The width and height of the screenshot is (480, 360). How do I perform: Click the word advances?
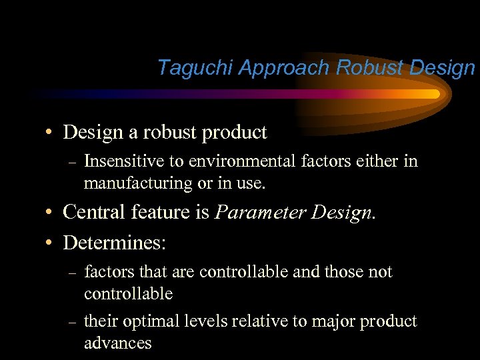117,343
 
